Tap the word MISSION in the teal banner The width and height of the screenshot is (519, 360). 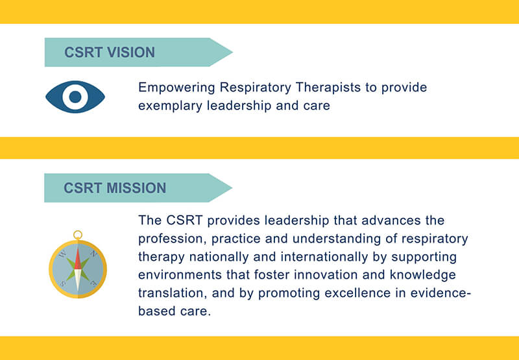(136, 188)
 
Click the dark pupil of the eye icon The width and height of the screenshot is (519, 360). (75, 97)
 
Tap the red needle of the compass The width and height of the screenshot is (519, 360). (77, 259)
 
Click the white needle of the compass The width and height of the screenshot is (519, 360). (77, 280)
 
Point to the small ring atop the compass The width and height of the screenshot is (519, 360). (78, 235)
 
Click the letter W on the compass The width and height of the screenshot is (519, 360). (62, 255)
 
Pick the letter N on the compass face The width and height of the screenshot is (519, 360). (93, 254)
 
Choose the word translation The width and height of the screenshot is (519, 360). (171, 293)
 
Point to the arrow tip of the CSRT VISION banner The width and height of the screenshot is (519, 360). (232, 53)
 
